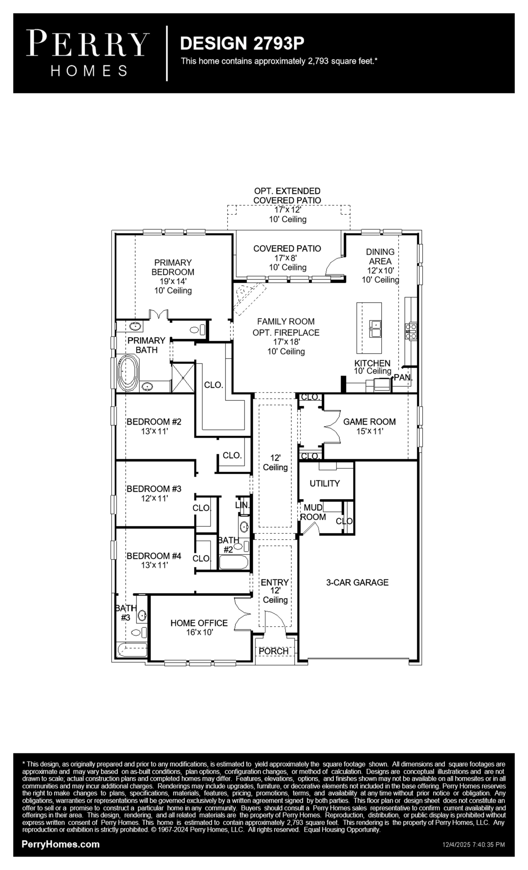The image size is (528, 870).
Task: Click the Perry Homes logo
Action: pyautogui.click(x=88, y=53)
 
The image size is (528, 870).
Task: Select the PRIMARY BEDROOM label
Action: pyautogui.click(x=173, y=267)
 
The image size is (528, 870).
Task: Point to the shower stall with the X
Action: pyautogui.click(x=183, y=377)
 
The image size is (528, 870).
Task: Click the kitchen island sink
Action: pyautogui.click(x=375, y=329)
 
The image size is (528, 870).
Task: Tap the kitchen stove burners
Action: pyautogui.click(x=411, y=331)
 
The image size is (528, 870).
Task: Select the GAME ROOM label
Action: pyautogui.click(x=369, y=422)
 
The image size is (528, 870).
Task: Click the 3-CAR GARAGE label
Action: pyautogui.click(x=357, y=583)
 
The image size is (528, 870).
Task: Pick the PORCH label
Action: pyautogui.click(x=274, y=651)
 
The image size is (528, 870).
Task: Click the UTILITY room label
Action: pyautogui.click(x=325, y=483)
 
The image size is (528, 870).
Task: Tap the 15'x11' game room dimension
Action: pyautogui.click(x=370, y=431)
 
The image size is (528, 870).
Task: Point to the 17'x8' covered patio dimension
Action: pyautogui.click(x=288, y=258)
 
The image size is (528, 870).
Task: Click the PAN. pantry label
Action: pyautogui.click(x=403, y=377)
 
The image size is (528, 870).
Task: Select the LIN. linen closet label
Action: pyautogui.click(x=243, y=505)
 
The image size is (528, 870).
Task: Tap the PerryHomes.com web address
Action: pyautogui.click(x=61, y=844)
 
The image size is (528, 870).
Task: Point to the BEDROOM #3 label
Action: pyautogui.click(x=154, y=489)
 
